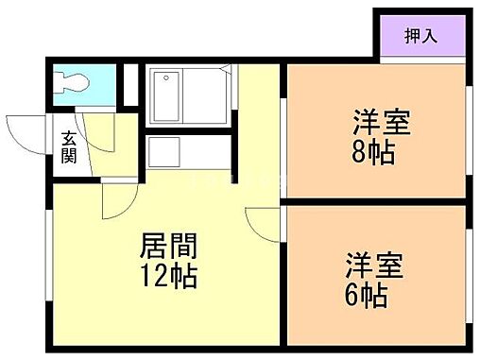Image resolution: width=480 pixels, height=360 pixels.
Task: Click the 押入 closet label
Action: (422, 37)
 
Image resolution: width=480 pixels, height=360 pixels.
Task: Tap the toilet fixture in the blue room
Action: (72, 82)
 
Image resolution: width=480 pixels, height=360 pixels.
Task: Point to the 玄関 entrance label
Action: (70, 149)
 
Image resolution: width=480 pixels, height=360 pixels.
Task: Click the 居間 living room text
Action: (169, 249)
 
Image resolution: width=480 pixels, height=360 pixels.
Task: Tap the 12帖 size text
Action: (169, 278)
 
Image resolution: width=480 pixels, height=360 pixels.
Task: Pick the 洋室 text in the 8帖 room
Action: (382, 123)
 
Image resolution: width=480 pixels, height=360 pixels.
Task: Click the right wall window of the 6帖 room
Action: (469, 274)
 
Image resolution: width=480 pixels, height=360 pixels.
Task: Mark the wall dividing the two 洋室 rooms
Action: (378, 202)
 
